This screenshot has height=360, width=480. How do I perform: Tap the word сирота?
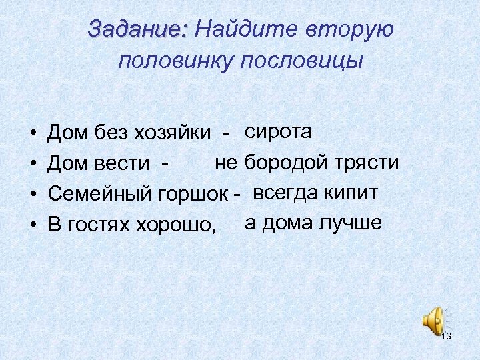point(279,131)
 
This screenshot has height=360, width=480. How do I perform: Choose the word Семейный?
point(101,195)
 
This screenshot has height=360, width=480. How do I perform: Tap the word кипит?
point(352,193)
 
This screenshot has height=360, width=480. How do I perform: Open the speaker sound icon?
point(432,319)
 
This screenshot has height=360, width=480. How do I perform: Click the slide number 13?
point(446,336)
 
